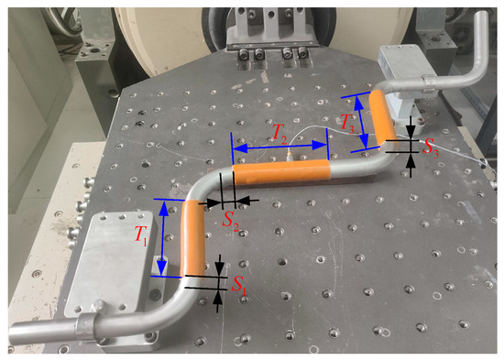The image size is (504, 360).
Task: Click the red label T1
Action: coord(140,236)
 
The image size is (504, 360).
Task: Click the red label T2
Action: coord(279,133)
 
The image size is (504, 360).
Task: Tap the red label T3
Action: coord(347,124)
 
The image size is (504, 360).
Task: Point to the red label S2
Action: coord(231,221)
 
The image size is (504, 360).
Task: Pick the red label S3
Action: coord(430,147)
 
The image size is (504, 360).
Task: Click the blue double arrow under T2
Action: coord(279,147)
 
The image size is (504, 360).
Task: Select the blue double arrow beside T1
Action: coord(163,238)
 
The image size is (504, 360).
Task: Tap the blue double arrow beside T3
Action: coord(361,122)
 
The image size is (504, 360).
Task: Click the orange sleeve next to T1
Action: coord(192,238)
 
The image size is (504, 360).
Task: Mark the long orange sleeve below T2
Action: coord(281,172)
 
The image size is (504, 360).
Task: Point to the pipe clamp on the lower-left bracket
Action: coord(87,324)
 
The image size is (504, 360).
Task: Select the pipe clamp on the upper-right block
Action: coord(429,83)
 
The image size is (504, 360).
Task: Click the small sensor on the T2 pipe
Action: coord(290,157)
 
